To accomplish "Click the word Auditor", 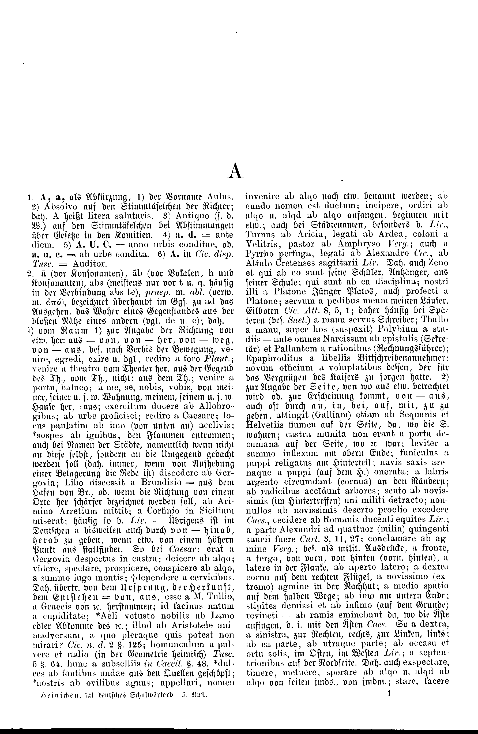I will tap(89, 263).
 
